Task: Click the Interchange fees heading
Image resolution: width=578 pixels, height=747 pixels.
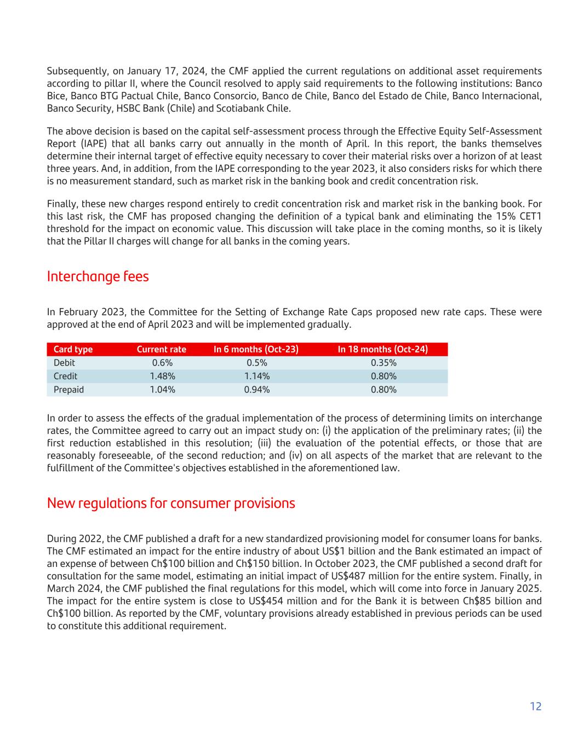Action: [x=98, y=276]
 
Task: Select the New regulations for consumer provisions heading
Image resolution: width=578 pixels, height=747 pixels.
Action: [x=170, y=503]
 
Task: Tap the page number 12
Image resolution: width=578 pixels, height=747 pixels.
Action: [x=535, y=706]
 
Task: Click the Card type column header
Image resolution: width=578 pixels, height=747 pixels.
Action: [x=73, y=349]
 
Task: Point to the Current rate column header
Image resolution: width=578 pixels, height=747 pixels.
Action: [x=161, y=349]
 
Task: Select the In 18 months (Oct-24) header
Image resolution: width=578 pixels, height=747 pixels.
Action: [x=382, y=349]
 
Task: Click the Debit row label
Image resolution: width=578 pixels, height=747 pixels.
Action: [x=64, y=363]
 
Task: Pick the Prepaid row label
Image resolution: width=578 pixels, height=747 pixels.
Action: [x=68, y=390]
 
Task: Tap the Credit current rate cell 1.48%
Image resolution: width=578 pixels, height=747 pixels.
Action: [x=162, y=376]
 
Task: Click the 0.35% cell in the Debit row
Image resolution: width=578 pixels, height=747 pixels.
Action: [x=384, y=363]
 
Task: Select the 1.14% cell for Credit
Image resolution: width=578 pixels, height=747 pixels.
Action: [x=256, y=376]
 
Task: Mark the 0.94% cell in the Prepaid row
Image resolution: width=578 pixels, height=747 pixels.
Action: [x=256, y=390]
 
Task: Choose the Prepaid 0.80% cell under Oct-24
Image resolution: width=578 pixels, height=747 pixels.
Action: [x=384, y=390]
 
